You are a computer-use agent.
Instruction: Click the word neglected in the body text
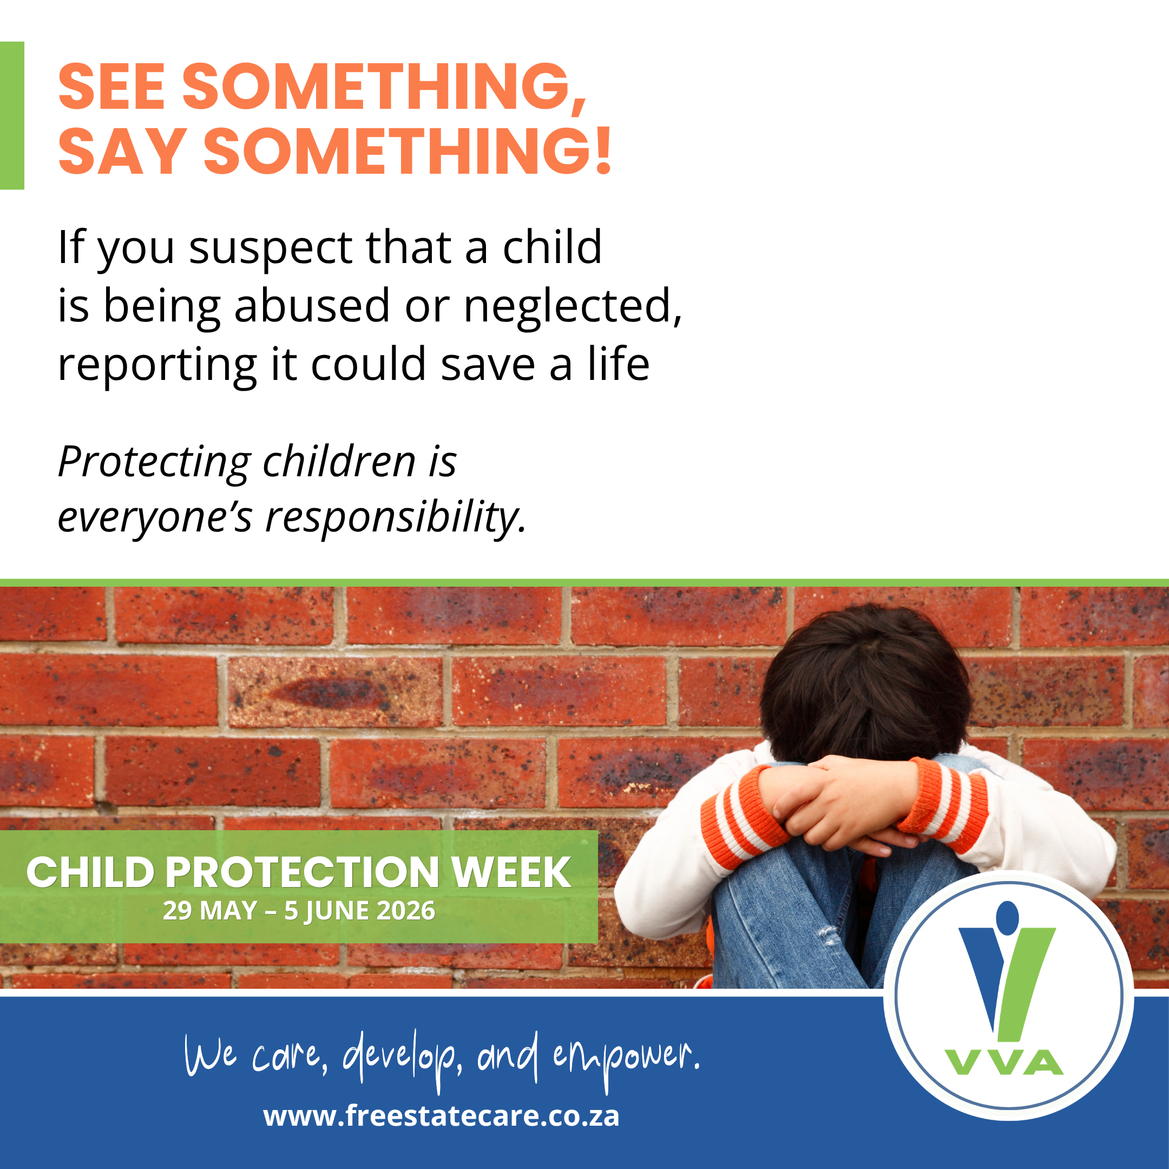(x=573, y=306)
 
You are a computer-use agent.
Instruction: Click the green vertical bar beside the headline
(x=12, y=116)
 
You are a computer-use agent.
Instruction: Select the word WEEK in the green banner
(x=511, y=872)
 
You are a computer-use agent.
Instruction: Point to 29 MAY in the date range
(x=210, y=911)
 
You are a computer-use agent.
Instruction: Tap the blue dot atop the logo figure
(x=1006, y=916)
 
